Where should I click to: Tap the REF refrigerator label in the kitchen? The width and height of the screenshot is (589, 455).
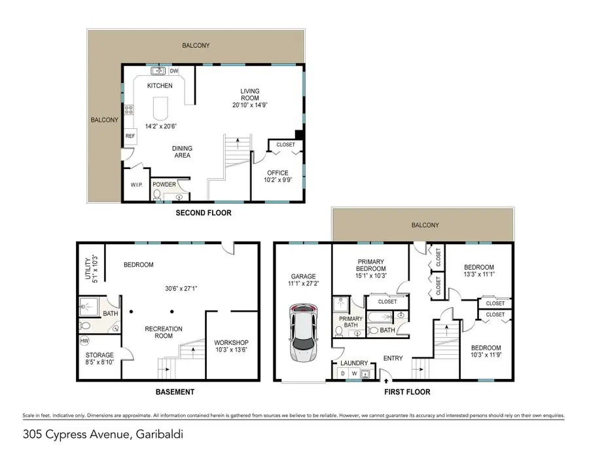tap(130, 136)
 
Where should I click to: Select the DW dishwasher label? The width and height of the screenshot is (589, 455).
tap(174, 71)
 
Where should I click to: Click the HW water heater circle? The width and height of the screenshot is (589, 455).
tap(84, 340)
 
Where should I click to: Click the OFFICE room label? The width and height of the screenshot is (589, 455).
tap(277, 173)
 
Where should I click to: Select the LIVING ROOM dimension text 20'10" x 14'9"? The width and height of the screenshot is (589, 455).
tap(249, 105)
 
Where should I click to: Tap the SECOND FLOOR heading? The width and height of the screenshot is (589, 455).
tap(204, 213)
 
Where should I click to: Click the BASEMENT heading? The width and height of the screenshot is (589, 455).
tap(174, 392)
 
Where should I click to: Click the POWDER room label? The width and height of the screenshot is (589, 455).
tap(164, 185)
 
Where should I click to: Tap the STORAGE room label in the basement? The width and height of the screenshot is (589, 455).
tap(99, 355)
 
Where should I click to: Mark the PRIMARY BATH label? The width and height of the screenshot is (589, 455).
tap(347, 321)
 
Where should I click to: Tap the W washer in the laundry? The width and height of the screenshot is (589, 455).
tap(354, 374)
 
